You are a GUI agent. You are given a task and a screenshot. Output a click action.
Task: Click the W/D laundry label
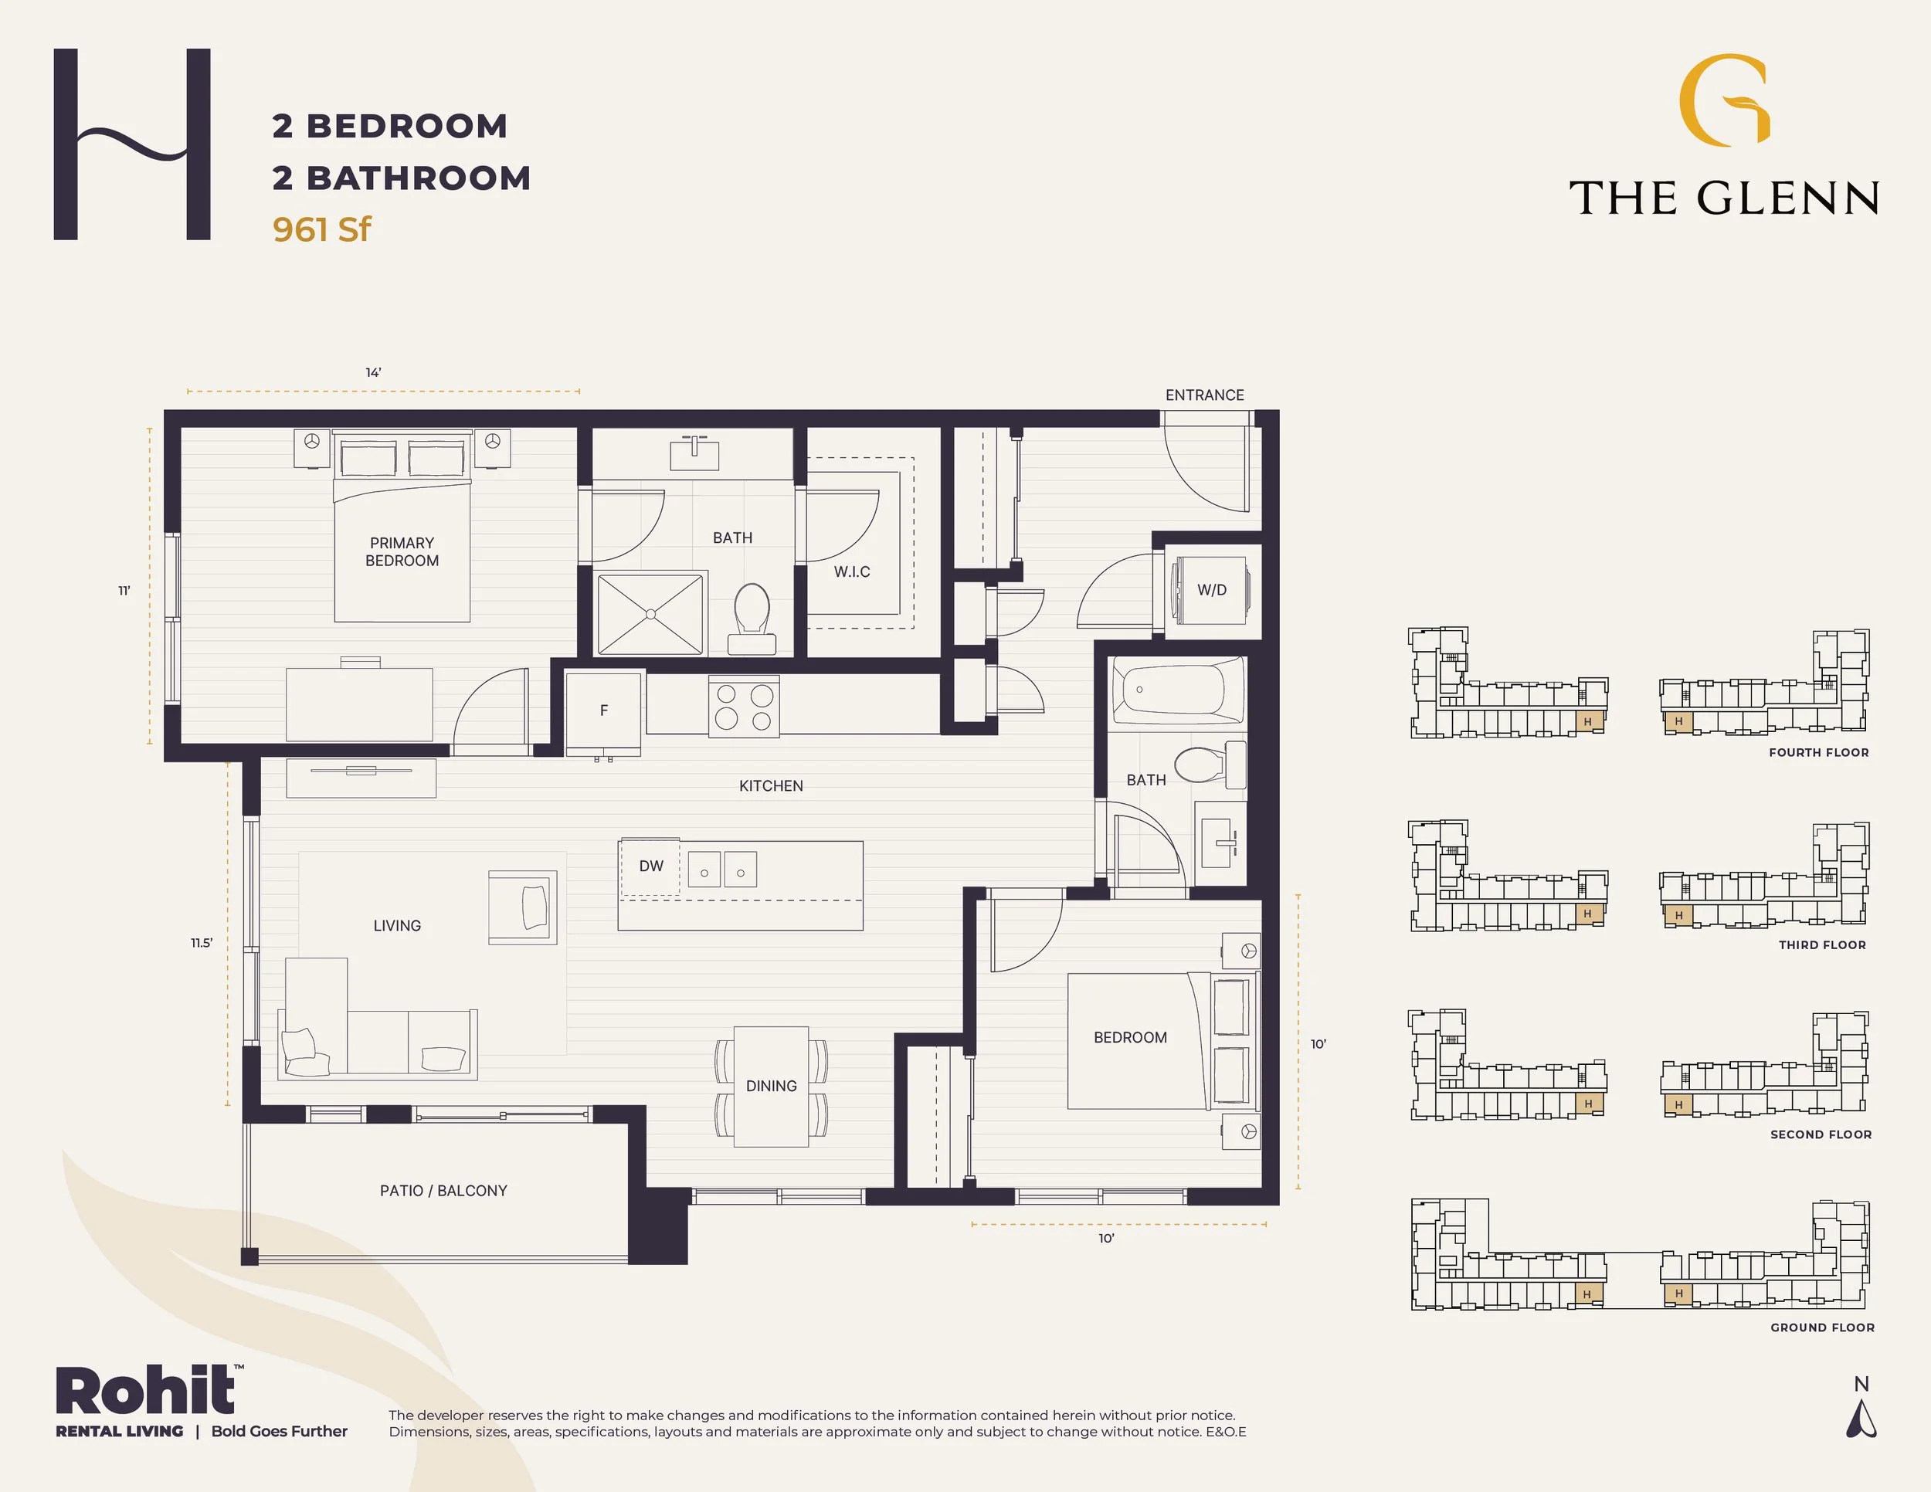coord(1211,589)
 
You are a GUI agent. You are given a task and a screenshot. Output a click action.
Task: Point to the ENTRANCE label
coord(1204,395)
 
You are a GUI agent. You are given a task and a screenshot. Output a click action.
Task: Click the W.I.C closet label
coord(851,572)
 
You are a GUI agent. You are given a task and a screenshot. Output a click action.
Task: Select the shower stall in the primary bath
coord(650,613)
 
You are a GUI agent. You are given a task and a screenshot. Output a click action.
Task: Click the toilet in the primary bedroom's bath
coord(752,619)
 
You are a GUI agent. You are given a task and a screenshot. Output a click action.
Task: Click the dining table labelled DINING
coord(771,1087)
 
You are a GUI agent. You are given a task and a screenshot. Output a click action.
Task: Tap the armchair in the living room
coord(523,907)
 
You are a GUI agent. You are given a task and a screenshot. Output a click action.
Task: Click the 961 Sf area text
coord(322,230)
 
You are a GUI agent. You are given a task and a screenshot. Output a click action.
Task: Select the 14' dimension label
coord(373,373)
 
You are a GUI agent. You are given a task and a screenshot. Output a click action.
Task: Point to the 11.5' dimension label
coord(202,943)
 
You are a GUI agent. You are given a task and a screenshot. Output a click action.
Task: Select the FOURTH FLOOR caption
coord(1819,752)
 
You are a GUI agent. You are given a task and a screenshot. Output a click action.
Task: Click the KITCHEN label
coord(771,786)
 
